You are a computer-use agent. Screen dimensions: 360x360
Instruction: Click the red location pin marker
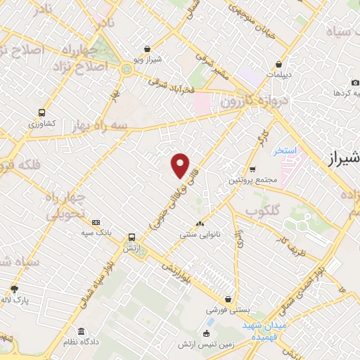click(181, 166)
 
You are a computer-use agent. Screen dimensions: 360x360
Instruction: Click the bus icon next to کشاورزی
click(42, 112)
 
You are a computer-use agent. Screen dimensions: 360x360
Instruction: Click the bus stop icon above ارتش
click(131, 237)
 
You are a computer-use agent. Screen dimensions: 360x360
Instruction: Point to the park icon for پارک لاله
click(14, 289)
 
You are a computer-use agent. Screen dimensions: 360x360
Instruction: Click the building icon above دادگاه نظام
click(82, 331)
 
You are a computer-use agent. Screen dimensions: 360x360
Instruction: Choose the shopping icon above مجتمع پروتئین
click(252, 169)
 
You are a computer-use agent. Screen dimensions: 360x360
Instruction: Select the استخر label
click(286, 150)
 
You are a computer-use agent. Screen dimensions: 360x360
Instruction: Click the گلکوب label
click(262, 210)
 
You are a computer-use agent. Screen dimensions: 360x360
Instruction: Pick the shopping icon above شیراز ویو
click(146, 49)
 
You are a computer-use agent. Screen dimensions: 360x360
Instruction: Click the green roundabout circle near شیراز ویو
click(127, 69)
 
